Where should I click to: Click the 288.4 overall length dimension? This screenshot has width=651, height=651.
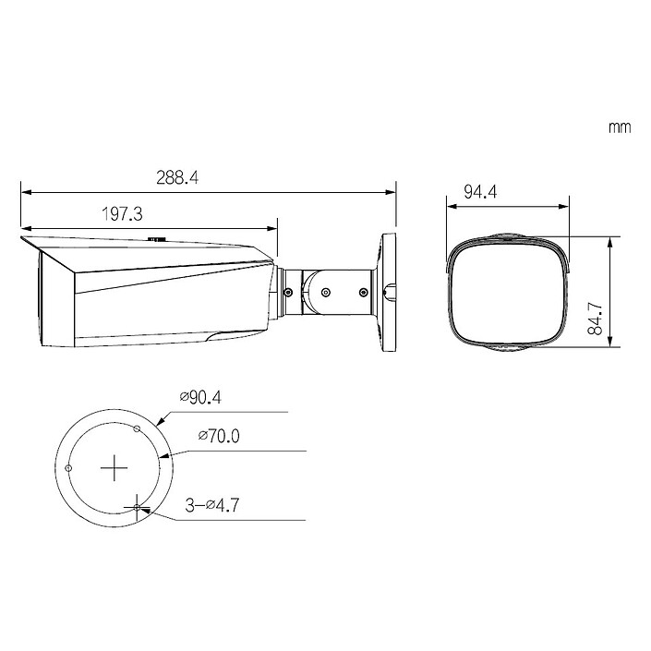(177, 178)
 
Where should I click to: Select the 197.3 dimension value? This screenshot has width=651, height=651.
(121, 214)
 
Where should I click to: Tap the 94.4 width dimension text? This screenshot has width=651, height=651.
(480, 192)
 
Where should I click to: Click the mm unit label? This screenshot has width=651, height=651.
(620, 127)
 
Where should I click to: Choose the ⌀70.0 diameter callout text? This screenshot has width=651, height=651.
(218, 436)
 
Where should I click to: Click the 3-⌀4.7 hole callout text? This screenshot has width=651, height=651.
(213, 504)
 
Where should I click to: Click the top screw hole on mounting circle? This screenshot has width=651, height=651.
(137, 428)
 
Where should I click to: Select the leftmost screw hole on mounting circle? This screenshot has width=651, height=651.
(69, 468)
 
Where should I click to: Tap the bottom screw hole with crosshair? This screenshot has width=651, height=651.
(137, 508)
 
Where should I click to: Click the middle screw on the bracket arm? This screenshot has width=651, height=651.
(325, 294)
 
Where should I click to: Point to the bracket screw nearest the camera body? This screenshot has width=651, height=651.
(288, 294)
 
